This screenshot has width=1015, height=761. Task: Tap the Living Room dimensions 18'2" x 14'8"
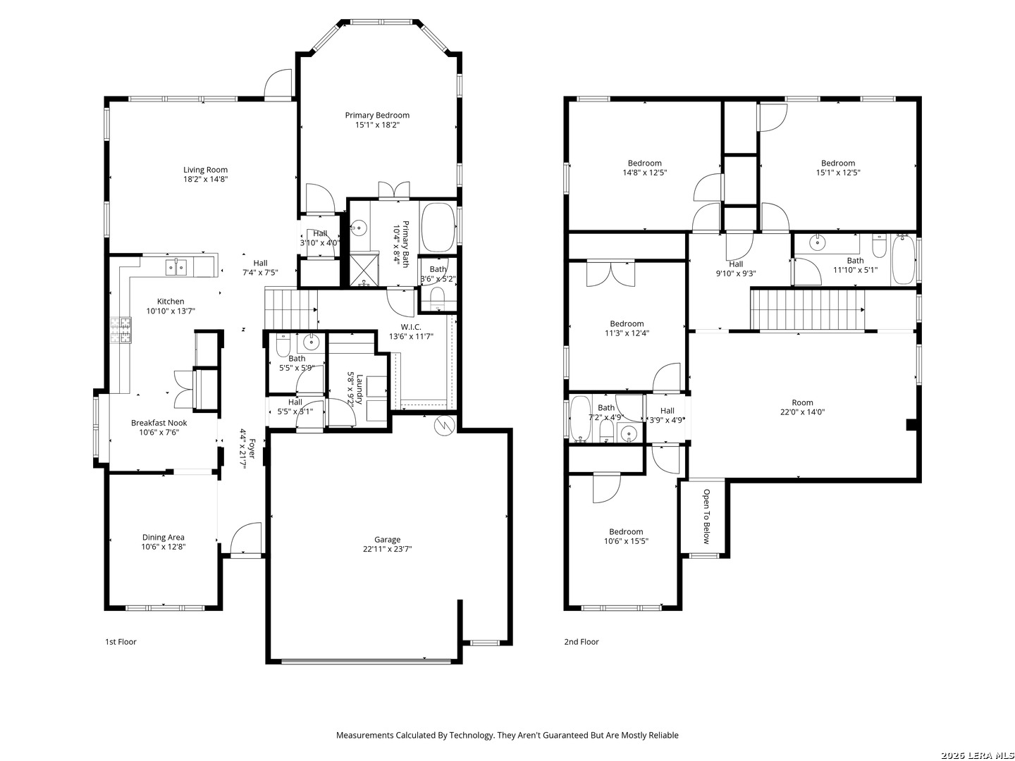pyautogui.click(x=205, y=179)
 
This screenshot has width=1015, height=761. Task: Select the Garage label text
pyautogui.click(x=387, y=539)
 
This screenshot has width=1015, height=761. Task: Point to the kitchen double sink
pyautogui.click(x=176, y=267)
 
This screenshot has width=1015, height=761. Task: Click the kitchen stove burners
pyautogui.click(x=121, y=330)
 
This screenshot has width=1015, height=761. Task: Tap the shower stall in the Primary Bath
pyautogui.click(x=364, y=269)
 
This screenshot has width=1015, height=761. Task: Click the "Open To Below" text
pyautogui.click(x=706, y=516)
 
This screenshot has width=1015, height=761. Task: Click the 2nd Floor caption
pyautogui.click(x=582, y=642)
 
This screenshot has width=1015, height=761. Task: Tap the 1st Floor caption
pyautogui.click(x=121, y=642)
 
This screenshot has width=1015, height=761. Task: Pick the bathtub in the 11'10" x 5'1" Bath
pyautogui.click(x=903, y=260)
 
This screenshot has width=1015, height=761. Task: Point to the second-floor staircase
pyautogui.click(x=807, y=309)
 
